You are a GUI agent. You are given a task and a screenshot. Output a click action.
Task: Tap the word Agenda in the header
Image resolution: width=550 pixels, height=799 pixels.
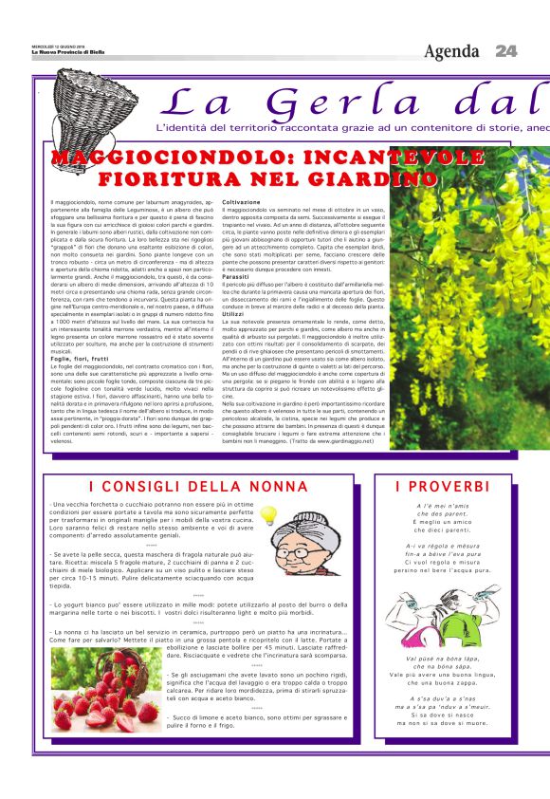coord(452,50)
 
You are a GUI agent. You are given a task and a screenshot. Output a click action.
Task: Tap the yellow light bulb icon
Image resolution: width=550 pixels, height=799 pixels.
coord(269,515)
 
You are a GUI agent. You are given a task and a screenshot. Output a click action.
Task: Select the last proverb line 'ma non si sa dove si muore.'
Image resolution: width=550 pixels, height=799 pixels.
coord(440,722)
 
